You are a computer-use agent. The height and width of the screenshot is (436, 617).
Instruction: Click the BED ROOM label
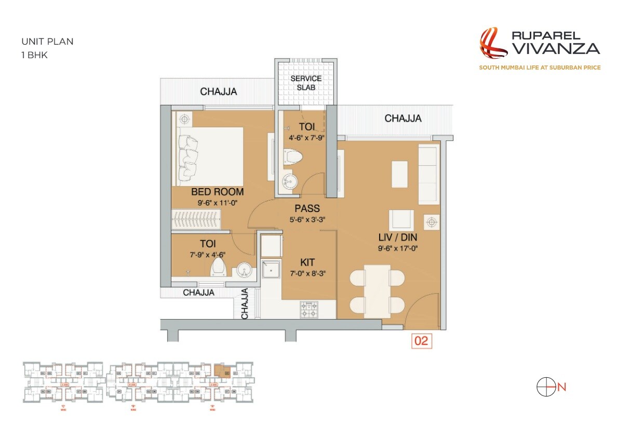coord(217,192)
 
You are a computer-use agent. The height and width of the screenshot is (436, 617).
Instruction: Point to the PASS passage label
coord(307,209)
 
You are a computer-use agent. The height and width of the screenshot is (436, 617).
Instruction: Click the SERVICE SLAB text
coord(306,83)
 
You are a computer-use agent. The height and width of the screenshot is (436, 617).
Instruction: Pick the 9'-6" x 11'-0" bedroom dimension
coord(217,203)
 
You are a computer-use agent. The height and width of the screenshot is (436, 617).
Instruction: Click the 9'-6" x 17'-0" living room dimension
coord(398,248)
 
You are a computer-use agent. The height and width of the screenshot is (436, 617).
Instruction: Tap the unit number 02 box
coord(421,341)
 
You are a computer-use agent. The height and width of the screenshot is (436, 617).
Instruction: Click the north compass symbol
coord(544,387)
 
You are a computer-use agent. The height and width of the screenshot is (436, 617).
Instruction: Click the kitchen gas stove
coord(308,310)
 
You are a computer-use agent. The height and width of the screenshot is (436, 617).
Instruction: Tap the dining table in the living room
coord(377,291)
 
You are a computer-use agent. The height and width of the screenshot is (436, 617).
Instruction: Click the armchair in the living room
coord(402,219)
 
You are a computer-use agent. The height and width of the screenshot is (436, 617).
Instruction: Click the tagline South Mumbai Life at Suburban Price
coord(540,68)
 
